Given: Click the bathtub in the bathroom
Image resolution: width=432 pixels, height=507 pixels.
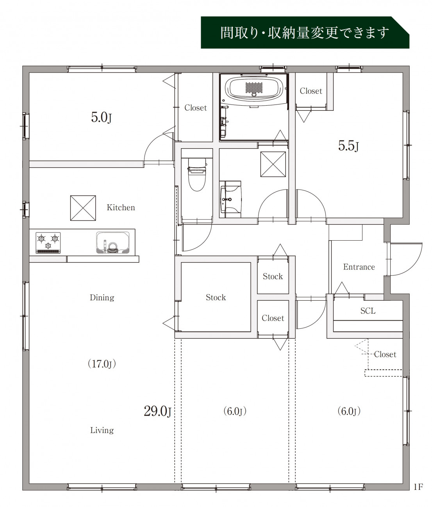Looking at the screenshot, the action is (x=254, y=88).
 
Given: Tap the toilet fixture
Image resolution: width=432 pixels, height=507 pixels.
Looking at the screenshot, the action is (x=196, y=174).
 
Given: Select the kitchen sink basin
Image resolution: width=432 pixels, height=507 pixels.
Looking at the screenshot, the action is (x=112, y=242).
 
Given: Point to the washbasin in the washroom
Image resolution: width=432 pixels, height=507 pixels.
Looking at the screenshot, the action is (x=230, y=199).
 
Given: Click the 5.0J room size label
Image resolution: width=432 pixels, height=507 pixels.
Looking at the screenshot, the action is (x=102, y=117).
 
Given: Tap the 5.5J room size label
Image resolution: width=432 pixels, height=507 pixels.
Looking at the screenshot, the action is (x=348, y=146).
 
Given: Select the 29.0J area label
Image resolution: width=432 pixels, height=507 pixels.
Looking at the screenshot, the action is (x=157, y=411).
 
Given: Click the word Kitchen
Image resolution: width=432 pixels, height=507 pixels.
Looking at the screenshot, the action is (x=121, y=207).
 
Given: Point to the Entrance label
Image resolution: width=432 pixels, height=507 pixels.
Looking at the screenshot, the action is (x=359, y=267).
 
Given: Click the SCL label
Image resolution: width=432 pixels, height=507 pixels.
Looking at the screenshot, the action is (x=368, y=311).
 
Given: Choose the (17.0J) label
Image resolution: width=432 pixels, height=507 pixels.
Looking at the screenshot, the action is (x=102, y=364).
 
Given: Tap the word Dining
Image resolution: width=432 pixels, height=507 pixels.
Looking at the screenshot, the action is (x=102, y=298).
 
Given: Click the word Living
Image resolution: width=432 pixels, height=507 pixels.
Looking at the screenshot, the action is (x=102, y=430).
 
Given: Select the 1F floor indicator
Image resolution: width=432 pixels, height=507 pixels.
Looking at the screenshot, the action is (x=418, y=487).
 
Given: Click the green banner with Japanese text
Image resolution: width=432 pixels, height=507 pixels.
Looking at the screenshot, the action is (x=305, y=32).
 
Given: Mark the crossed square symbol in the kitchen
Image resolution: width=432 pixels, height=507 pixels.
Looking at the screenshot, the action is (x=83, y=208).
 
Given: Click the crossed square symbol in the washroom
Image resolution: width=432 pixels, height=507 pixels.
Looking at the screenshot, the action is (x=273, y=164).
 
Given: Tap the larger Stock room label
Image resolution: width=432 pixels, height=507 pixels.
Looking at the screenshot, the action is (x=216, y=297).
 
